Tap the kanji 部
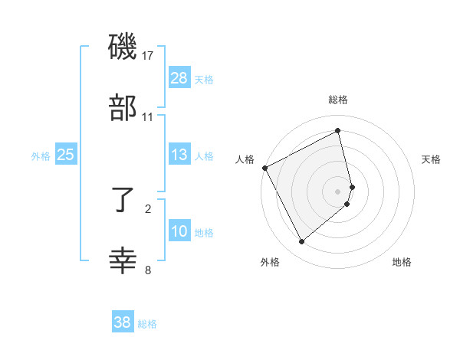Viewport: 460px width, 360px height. point(123,108)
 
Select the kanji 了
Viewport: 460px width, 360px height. point(123,201)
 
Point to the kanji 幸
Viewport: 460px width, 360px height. point(123,261)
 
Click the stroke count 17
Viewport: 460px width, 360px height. point(148,56)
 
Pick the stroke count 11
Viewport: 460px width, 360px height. point(148,117)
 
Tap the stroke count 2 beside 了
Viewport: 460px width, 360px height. point(148,208)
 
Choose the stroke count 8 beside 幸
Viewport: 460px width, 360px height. point(148,270)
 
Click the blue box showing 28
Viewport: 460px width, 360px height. point(179,78)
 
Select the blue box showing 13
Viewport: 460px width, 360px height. point(179,155)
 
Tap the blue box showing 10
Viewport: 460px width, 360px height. point(179,231)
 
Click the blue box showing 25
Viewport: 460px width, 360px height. point(66,155)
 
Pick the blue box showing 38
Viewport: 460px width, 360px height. point(123,322)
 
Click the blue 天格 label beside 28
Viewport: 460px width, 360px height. point(204,79)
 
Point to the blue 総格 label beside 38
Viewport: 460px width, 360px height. point(147,323)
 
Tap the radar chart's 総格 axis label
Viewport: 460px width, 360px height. point(338,100)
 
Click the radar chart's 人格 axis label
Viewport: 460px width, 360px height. point(245,159)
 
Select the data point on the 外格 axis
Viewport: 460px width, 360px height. point(301,242)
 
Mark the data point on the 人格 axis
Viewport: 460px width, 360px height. point(264,168)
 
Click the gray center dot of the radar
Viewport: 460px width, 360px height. point(338,191)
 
